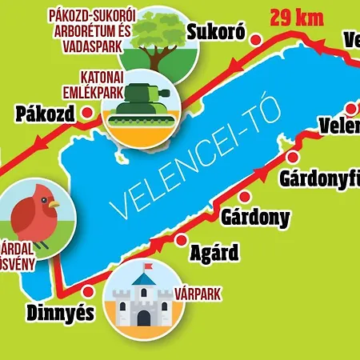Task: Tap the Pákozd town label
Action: [x=44, y=114]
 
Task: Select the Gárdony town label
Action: [x=255, y=218]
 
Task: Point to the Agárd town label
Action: [x=214, y=254]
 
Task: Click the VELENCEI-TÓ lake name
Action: [x=197, y=163]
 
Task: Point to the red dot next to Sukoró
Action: [x=256, y=38]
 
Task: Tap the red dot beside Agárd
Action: [x=181, y=239]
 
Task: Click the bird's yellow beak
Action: [x=54, y=204]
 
